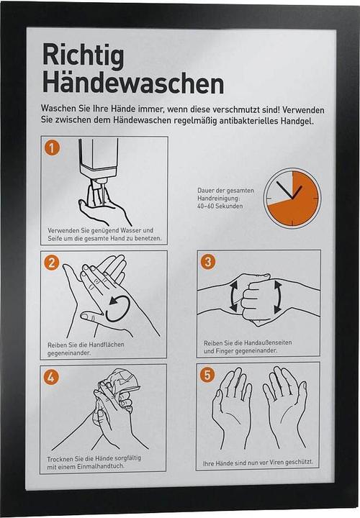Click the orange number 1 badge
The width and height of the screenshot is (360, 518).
[x=52, y=147]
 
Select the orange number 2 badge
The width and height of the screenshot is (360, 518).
[x=51, y=263]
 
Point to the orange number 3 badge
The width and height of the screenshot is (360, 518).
[x=208, y=262]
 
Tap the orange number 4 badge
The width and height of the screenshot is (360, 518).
[x=51, y=377]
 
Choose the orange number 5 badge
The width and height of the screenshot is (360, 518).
[x=207, y=375]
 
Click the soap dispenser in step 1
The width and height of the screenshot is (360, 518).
[x=99, y=162]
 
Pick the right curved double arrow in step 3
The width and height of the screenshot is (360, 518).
[x=278, y=297]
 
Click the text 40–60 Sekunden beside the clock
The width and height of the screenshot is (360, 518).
[x=220, y=206]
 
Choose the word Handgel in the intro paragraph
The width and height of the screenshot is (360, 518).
[x=297, y=121]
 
